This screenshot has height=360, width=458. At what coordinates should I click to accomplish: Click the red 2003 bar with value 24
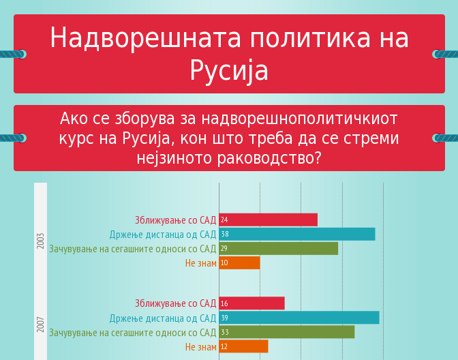click(x=268, y=220)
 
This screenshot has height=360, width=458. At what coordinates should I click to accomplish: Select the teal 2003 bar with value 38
click(x=297, y=234)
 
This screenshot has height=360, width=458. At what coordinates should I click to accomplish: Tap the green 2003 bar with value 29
click(x=278, y=248)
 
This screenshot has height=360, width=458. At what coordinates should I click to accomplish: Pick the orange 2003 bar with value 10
click(x=239, y=262)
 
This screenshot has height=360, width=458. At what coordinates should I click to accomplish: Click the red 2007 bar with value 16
click(x=251, y=303)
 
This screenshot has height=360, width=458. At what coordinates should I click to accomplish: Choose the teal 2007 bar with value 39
click(x=299, y=318)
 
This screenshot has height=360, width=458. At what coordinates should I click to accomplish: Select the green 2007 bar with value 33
click(x=287, y=332)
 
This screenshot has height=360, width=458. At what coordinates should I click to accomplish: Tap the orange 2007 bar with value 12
click(x=243, y=346)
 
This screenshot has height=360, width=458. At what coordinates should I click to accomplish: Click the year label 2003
click(x=40, y=241)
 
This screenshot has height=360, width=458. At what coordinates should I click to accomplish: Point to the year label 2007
click(x=40, y=325)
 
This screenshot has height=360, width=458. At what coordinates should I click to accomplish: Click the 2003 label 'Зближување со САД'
click(x=176, y=220)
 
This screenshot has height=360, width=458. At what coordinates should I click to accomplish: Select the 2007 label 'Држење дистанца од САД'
click(x=163, y=318)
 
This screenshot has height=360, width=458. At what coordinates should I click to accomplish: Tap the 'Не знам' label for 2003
click(x=201, y=263)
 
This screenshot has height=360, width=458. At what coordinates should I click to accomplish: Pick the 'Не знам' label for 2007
click(x=201, y=347)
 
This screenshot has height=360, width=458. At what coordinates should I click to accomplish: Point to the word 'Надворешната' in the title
click(x=145, y=37)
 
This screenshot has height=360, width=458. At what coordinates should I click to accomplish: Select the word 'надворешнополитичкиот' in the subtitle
click(x=300, y=119)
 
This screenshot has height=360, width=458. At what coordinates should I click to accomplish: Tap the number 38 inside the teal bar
click(x=225, y=234)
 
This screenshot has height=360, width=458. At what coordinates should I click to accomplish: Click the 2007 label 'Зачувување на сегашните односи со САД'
click(x=133, y=333)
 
